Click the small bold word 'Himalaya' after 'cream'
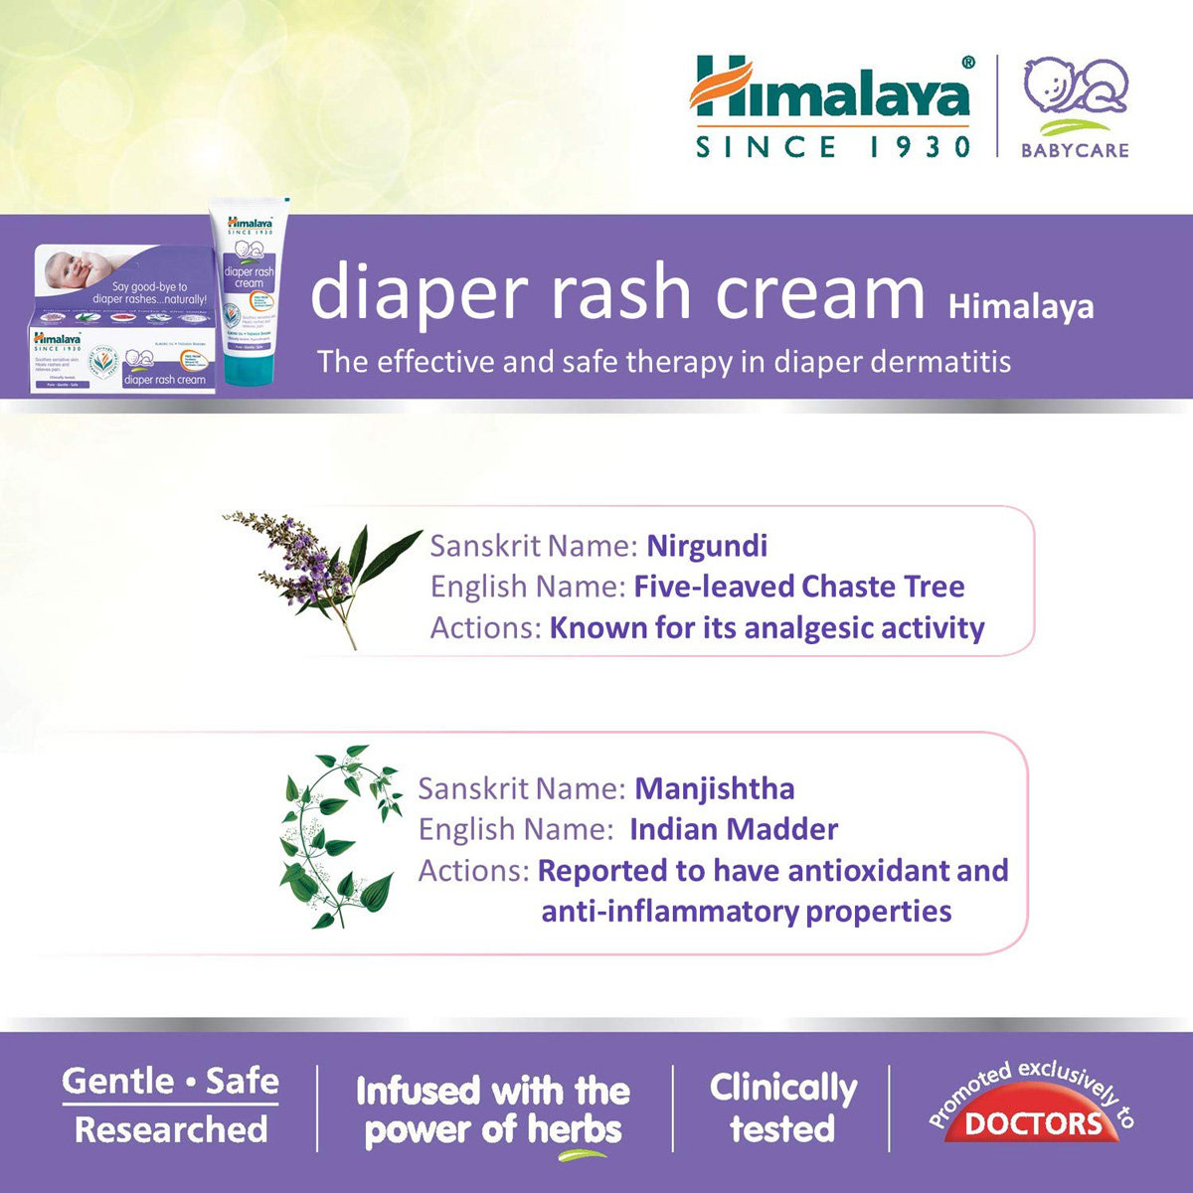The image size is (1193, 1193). pos(1020,307)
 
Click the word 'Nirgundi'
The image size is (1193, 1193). pos(707,546)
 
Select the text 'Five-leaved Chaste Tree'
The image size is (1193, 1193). pos(798,587)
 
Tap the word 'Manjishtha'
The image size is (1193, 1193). pos(715,789)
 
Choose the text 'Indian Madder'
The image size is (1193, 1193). pos(734,830)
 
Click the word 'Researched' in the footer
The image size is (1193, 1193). pos(171,1129)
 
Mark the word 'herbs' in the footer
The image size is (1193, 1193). pos(574,1129)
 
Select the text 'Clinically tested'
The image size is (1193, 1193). pos(782,1108)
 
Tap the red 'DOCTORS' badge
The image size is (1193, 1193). pos(1032,1123)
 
